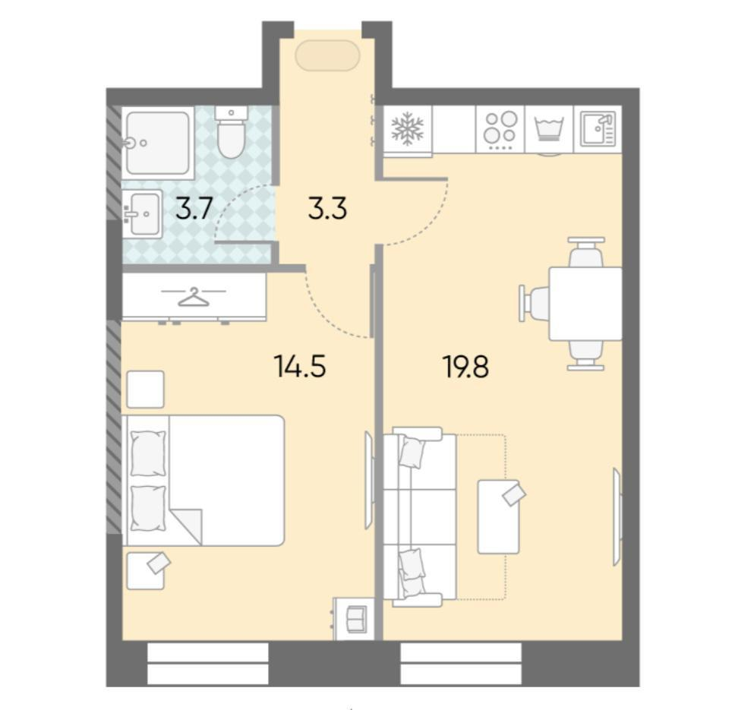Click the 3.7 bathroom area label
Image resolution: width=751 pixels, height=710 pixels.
coord(194,208)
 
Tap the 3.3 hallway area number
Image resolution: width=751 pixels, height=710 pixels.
coord(327,209)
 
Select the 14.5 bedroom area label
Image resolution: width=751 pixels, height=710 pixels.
coord(300,366)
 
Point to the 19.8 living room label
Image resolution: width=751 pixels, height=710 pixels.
coord(466,368)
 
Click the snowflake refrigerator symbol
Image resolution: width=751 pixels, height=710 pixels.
coord(408,129)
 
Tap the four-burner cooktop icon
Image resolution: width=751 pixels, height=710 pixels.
coord(500,129)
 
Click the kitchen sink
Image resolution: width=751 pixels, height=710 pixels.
coord(598,129)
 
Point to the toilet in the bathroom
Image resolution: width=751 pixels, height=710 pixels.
coord(232,131)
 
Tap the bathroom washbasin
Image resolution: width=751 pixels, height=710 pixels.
coord(142,213)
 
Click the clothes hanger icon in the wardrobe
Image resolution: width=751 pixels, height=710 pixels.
coord(194,297)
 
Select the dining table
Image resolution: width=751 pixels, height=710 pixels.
coord(585,304)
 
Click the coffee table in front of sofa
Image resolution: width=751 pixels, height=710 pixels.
coord(498,516)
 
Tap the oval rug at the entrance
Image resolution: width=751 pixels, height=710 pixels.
coord(327,55)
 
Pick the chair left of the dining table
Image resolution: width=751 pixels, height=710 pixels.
coord(534,304)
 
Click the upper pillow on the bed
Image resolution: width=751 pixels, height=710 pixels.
coord(149,453)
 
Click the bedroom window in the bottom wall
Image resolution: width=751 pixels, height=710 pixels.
coord(207,664)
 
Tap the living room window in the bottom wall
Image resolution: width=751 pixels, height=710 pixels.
coord(460,664)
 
